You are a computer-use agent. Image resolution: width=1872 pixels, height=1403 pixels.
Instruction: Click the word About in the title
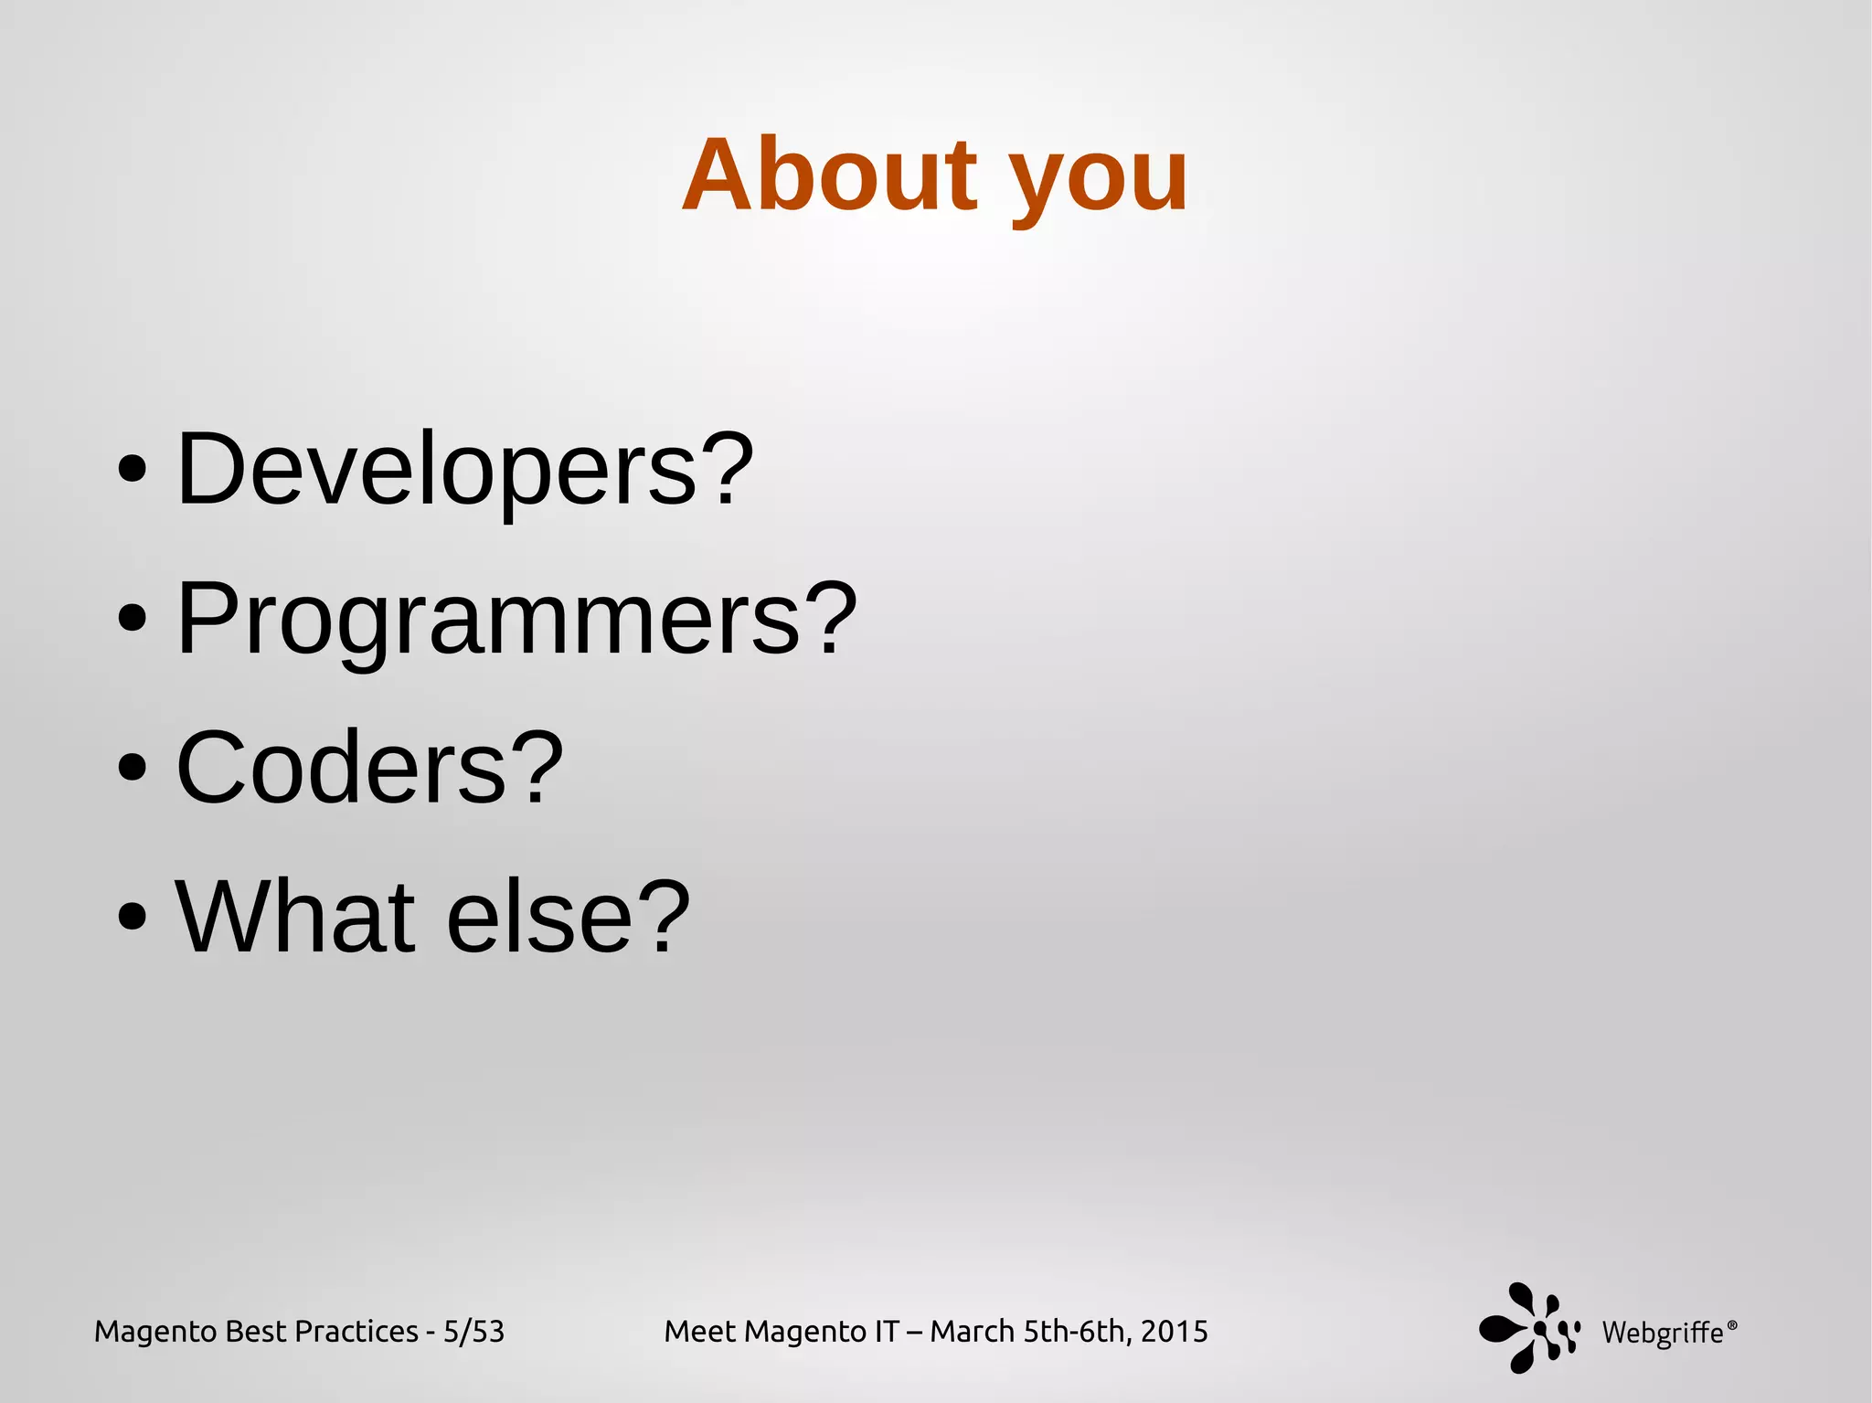tap(830, 175)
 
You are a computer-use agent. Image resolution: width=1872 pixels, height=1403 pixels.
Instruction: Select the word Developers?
tap(464, 469)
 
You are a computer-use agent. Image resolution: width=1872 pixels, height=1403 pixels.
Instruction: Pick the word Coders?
tap(369, 768)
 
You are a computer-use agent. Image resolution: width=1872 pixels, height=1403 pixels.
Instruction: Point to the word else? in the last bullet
tap(568, 916)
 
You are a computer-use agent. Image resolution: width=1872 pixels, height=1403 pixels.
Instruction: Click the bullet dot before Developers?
tap(133, 470)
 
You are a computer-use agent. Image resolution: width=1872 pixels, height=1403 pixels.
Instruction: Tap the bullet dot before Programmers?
tap(133, 619)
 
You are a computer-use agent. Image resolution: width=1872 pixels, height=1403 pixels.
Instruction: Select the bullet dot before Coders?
tap(133, 768)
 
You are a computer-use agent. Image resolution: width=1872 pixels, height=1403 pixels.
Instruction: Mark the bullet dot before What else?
tap(133, 917)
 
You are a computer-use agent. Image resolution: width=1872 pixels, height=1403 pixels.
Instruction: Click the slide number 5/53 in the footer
tap(473, 1332)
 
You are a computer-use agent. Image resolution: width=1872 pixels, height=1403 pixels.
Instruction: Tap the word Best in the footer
tap(255, 1332)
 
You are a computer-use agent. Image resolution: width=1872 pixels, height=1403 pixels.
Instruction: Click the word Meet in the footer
tap(700, 1332)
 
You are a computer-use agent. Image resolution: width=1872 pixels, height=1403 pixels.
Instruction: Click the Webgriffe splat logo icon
tap(1527, 1327)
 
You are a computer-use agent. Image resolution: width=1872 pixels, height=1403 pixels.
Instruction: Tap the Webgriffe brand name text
tap(1663, 1334)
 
